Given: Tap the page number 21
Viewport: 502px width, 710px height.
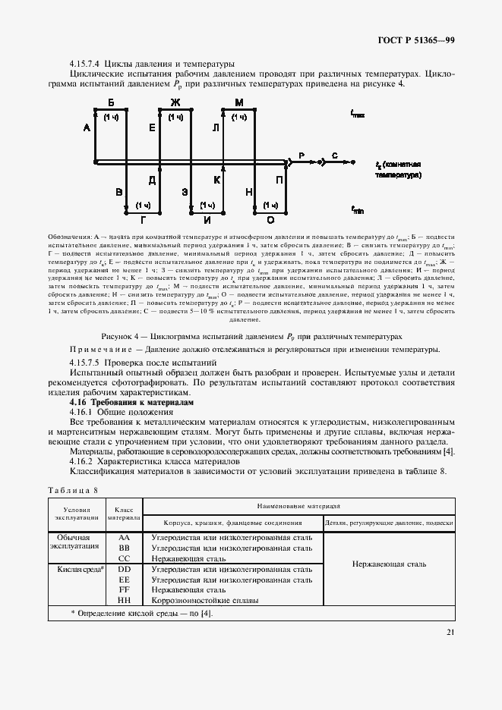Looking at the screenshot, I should [x=450, y=632].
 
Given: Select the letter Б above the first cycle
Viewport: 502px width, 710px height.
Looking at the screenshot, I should [x=111, y=102].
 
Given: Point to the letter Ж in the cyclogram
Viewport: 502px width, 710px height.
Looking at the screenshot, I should [x=175, y=102].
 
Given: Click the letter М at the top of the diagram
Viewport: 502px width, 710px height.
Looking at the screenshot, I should [x=238, y=102].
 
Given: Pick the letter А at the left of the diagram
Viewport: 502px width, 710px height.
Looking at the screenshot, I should [x=87, y=129].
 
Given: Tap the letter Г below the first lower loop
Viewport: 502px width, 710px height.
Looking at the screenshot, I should [x=142, y=220].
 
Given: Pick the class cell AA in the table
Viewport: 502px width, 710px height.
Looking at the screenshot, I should [x=125, y=536].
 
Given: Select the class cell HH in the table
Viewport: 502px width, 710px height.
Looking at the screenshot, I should [x=125, y=600].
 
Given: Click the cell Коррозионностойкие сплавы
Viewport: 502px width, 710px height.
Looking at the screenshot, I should [x=205, y=600].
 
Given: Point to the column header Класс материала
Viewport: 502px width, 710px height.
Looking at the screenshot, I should [x=124, y=514].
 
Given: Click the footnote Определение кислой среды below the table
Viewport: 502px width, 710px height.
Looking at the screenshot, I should [x=141, y=613].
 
